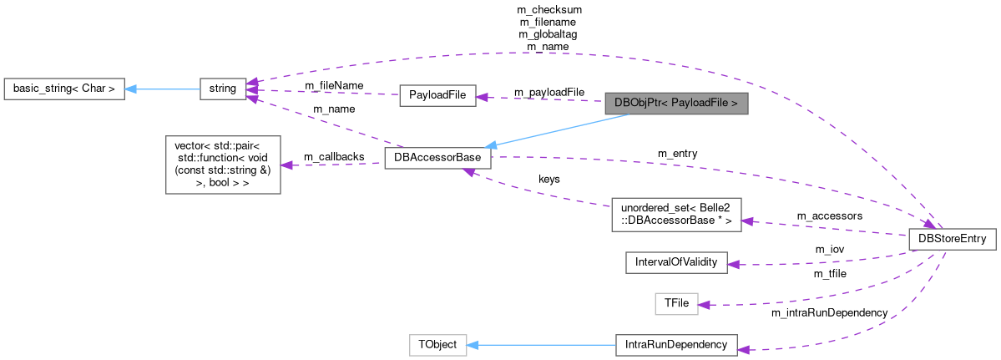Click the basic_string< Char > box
click(64, 88)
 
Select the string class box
click(222, 88)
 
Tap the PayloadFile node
click(437, 95)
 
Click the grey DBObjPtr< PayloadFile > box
click(675, 104)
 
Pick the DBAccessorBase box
click(437, 159)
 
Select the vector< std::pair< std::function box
click(223, 164)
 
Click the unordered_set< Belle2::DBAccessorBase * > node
click(676, 215)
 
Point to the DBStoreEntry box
click(952, 239)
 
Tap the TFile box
click(675, 304)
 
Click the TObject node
click(437, 345)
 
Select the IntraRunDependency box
click(676, 345)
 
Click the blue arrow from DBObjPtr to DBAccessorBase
click(559, 131)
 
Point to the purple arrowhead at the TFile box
click(704, 305)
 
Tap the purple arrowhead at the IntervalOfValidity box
click(734, 264)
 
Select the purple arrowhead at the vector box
click(286, 165)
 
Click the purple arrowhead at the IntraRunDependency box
click(744, 347)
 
